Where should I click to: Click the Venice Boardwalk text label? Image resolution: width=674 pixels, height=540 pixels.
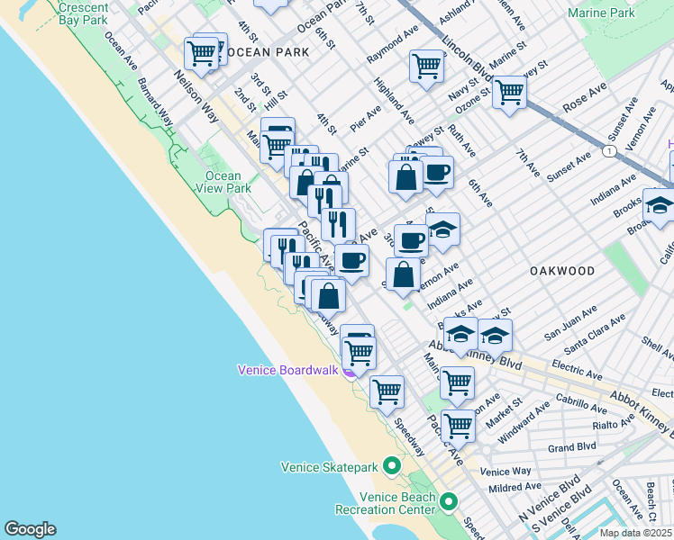tap(287, 370)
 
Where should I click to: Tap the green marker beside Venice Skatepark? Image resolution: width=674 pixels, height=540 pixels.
tap(391, 466)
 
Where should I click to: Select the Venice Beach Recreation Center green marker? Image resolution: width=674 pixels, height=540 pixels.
tap(448, 501)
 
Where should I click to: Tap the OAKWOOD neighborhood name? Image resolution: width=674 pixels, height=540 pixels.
tap(561, 271)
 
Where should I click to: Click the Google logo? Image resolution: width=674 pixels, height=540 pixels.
tap(30, 529)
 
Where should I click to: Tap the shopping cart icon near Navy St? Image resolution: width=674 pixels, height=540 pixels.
tap(426, 66)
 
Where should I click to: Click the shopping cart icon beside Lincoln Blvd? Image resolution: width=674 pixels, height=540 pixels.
tap(509, 92)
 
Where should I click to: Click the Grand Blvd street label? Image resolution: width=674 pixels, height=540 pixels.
tap(573, 446)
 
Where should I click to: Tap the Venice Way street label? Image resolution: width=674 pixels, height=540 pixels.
tap(505, 471)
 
